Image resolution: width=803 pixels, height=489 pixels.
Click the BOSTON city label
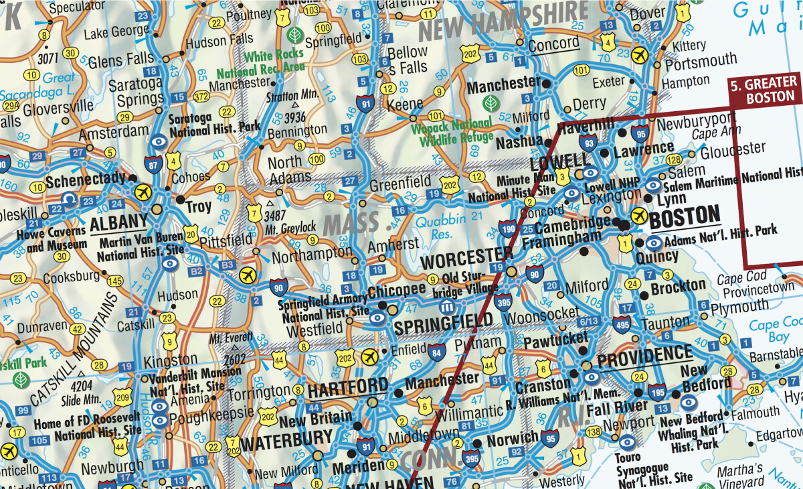click(x=685, y=216)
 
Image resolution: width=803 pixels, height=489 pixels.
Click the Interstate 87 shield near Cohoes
click(x=155, y=163)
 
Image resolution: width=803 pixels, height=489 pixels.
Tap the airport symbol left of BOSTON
click(x=639, y=216)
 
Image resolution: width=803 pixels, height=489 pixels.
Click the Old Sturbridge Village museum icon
click(x=447, y=306)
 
